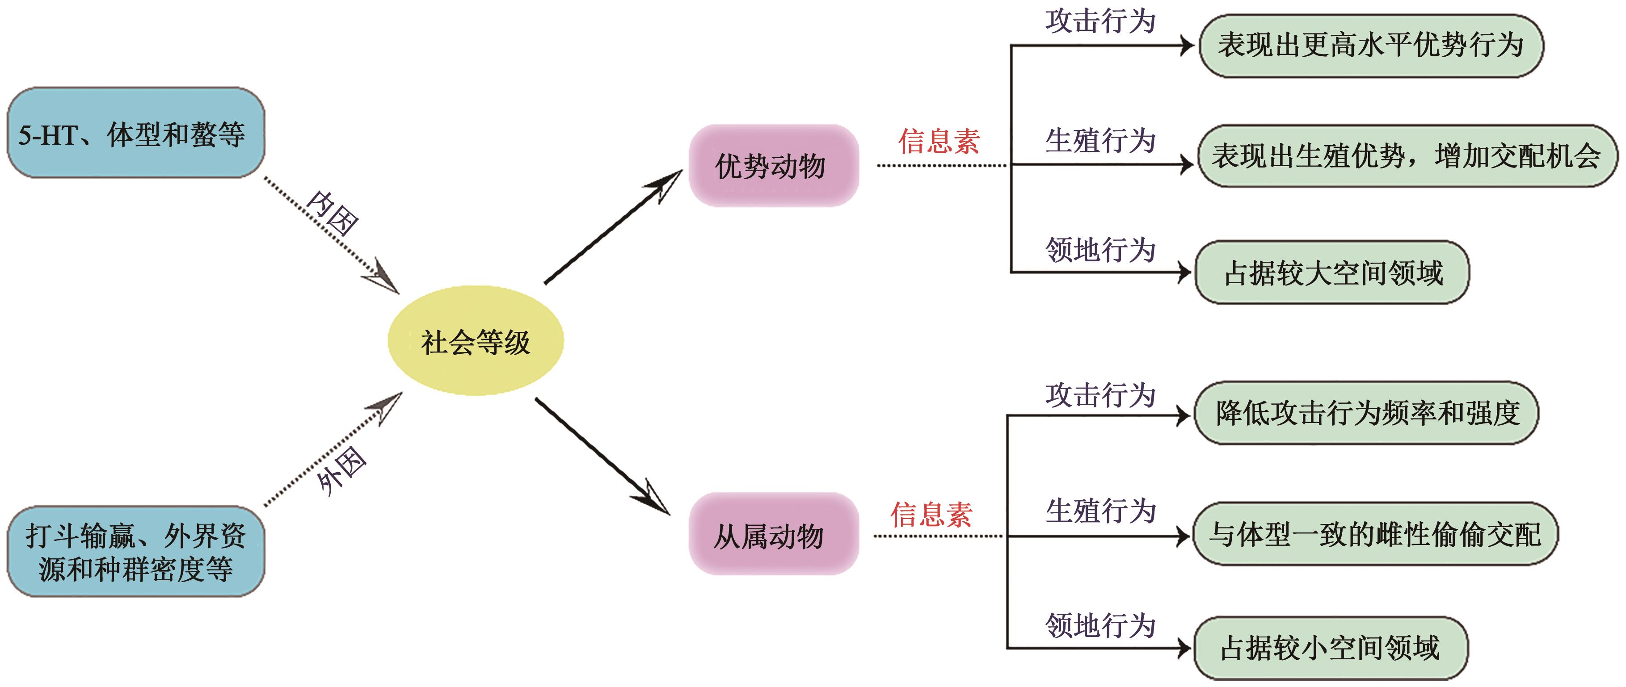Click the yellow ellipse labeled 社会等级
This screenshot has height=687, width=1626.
pyautogui.click(x=475, y=341)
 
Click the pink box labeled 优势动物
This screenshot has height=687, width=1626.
pyautogui.click(x=773, y=166)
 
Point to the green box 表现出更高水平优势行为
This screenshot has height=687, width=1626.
pyautogui.click(x=1370, y=46)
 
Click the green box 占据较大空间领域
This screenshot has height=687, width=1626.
pyautogui.click(x=1332, y=272)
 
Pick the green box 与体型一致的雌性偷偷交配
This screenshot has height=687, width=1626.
pyautogui.click(x=1375, y=534)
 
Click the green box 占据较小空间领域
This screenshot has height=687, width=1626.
pyautogui.click(x=1331, y=648)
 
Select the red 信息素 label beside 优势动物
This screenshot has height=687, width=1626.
pyautogui.click(x=939, y=141)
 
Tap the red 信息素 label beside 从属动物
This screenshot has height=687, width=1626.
pyautogui.click(x=931, y=515)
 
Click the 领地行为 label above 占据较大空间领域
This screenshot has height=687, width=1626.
pyautogui.click(x=1100, y=250)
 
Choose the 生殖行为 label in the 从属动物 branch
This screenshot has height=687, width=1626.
pyautogui.click(x=1100, y=511)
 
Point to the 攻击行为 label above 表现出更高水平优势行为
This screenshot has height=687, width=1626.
pyautogui.click(x=1100, y=21)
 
